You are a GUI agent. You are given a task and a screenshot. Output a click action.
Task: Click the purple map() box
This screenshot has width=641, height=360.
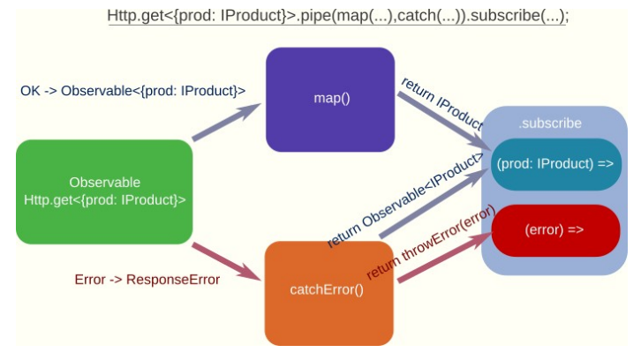[x=331, y=97]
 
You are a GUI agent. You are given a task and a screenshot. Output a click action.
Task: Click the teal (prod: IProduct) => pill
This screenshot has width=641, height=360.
[x=554, y=164]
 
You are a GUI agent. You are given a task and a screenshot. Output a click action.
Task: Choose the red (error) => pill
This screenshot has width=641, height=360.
[x=554, y=229]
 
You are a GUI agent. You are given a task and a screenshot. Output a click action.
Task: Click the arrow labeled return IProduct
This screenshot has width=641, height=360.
[x=441, y=120]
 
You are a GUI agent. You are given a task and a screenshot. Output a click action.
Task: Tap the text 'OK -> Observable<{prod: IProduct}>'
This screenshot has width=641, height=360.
[x=132, y=90]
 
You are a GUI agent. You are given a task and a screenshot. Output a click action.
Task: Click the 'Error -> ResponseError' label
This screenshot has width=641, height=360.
[x=147, y=280]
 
